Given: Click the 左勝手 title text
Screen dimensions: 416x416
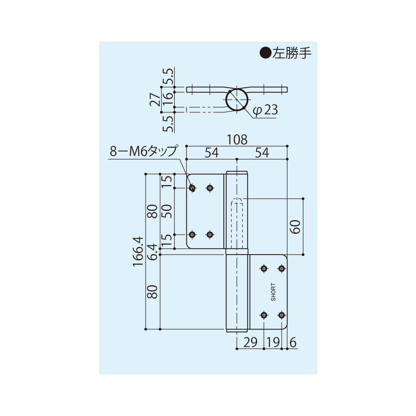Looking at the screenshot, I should (x=292, y=53).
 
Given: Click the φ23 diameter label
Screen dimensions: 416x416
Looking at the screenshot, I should (x=265, y=110).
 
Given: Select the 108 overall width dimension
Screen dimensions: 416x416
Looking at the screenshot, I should (x=237, y=140).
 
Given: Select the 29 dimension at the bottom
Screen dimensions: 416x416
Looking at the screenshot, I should (x=250, y=342).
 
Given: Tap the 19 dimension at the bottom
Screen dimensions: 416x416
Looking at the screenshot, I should (x=273, y=342).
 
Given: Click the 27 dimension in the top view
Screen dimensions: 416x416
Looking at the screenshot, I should (x=154, y=99).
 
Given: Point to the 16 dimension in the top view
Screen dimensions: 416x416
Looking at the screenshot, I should (x=168, y=99).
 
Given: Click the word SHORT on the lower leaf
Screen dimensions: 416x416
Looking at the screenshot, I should (x=273, y=292).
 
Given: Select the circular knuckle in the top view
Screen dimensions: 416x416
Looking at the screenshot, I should (x=238, y=100).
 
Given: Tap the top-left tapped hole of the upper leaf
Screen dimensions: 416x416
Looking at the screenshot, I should (x=192, y=188).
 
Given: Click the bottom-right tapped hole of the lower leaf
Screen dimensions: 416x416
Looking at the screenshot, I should (x=282, y=315).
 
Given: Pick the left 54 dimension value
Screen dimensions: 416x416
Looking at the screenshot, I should (x=211, y=153).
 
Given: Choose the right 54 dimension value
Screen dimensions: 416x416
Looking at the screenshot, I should (x=262, y=153).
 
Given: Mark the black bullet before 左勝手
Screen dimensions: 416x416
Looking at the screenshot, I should (x=265, y=53).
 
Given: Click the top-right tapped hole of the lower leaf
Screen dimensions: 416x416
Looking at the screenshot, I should (x=282, y=268).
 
